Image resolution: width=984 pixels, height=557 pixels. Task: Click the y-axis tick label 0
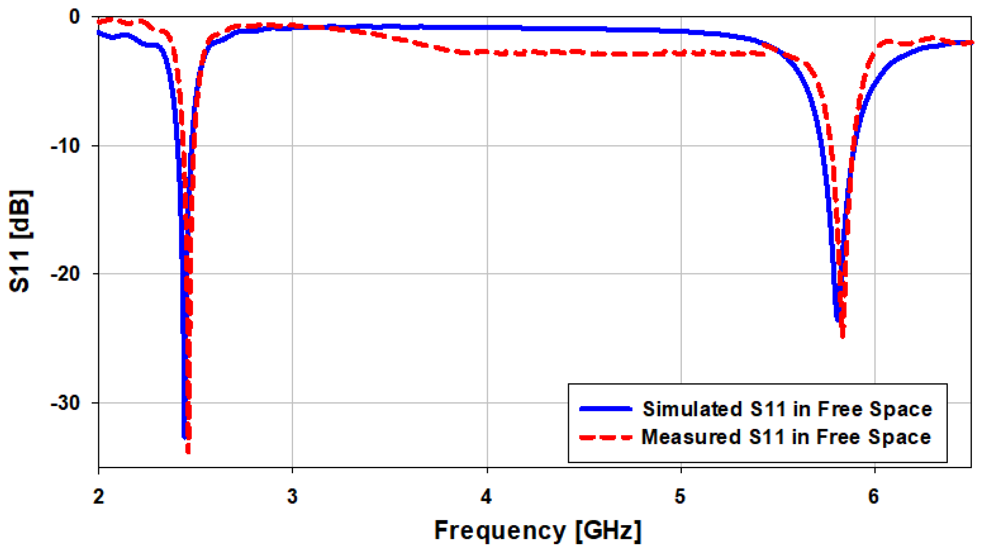click(75, 17)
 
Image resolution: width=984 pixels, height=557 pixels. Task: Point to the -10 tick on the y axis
click(66, 146)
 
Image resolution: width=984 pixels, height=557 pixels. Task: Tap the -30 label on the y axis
click(66, 403)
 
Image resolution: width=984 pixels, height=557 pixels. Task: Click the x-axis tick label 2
click(99, 497)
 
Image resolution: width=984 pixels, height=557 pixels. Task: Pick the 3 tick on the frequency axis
click(293, 497)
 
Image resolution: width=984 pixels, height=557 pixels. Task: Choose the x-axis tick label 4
click(486, 497)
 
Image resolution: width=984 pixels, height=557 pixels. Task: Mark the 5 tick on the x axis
click(680, 497)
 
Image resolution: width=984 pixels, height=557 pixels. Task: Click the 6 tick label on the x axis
click(874, 497)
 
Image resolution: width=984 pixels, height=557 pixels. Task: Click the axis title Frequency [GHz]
click(537, 530)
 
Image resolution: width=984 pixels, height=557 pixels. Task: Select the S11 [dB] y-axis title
click(20, 241)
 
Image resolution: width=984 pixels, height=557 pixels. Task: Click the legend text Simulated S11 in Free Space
click(787, 409)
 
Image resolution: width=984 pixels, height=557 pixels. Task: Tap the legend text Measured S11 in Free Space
click(786, 437)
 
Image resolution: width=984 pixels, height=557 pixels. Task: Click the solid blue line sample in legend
click(606, 409)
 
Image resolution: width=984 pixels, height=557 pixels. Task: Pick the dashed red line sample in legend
click(606, 438)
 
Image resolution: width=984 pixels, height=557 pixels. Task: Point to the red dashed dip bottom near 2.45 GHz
click(188, 451)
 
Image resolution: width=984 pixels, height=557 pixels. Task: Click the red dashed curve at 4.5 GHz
click(584, 53)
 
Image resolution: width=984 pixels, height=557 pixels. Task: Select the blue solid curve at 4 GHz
click(487, 28)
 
